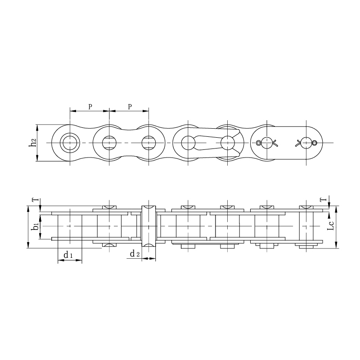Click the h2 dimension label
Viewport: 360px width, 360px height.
(33, 143)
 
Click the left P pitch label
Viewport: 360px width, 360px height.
(90, 107)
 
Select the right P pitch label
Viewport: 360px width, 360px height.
(130, 107)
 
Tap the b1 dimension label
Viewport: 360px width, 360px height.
(36, 226)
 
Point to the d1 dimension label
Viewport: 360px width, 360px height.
(68, 255)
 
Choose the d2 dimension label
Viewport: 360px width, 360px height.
(135, 254)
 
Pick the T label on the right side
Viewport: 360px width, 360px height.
(324, 199)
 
